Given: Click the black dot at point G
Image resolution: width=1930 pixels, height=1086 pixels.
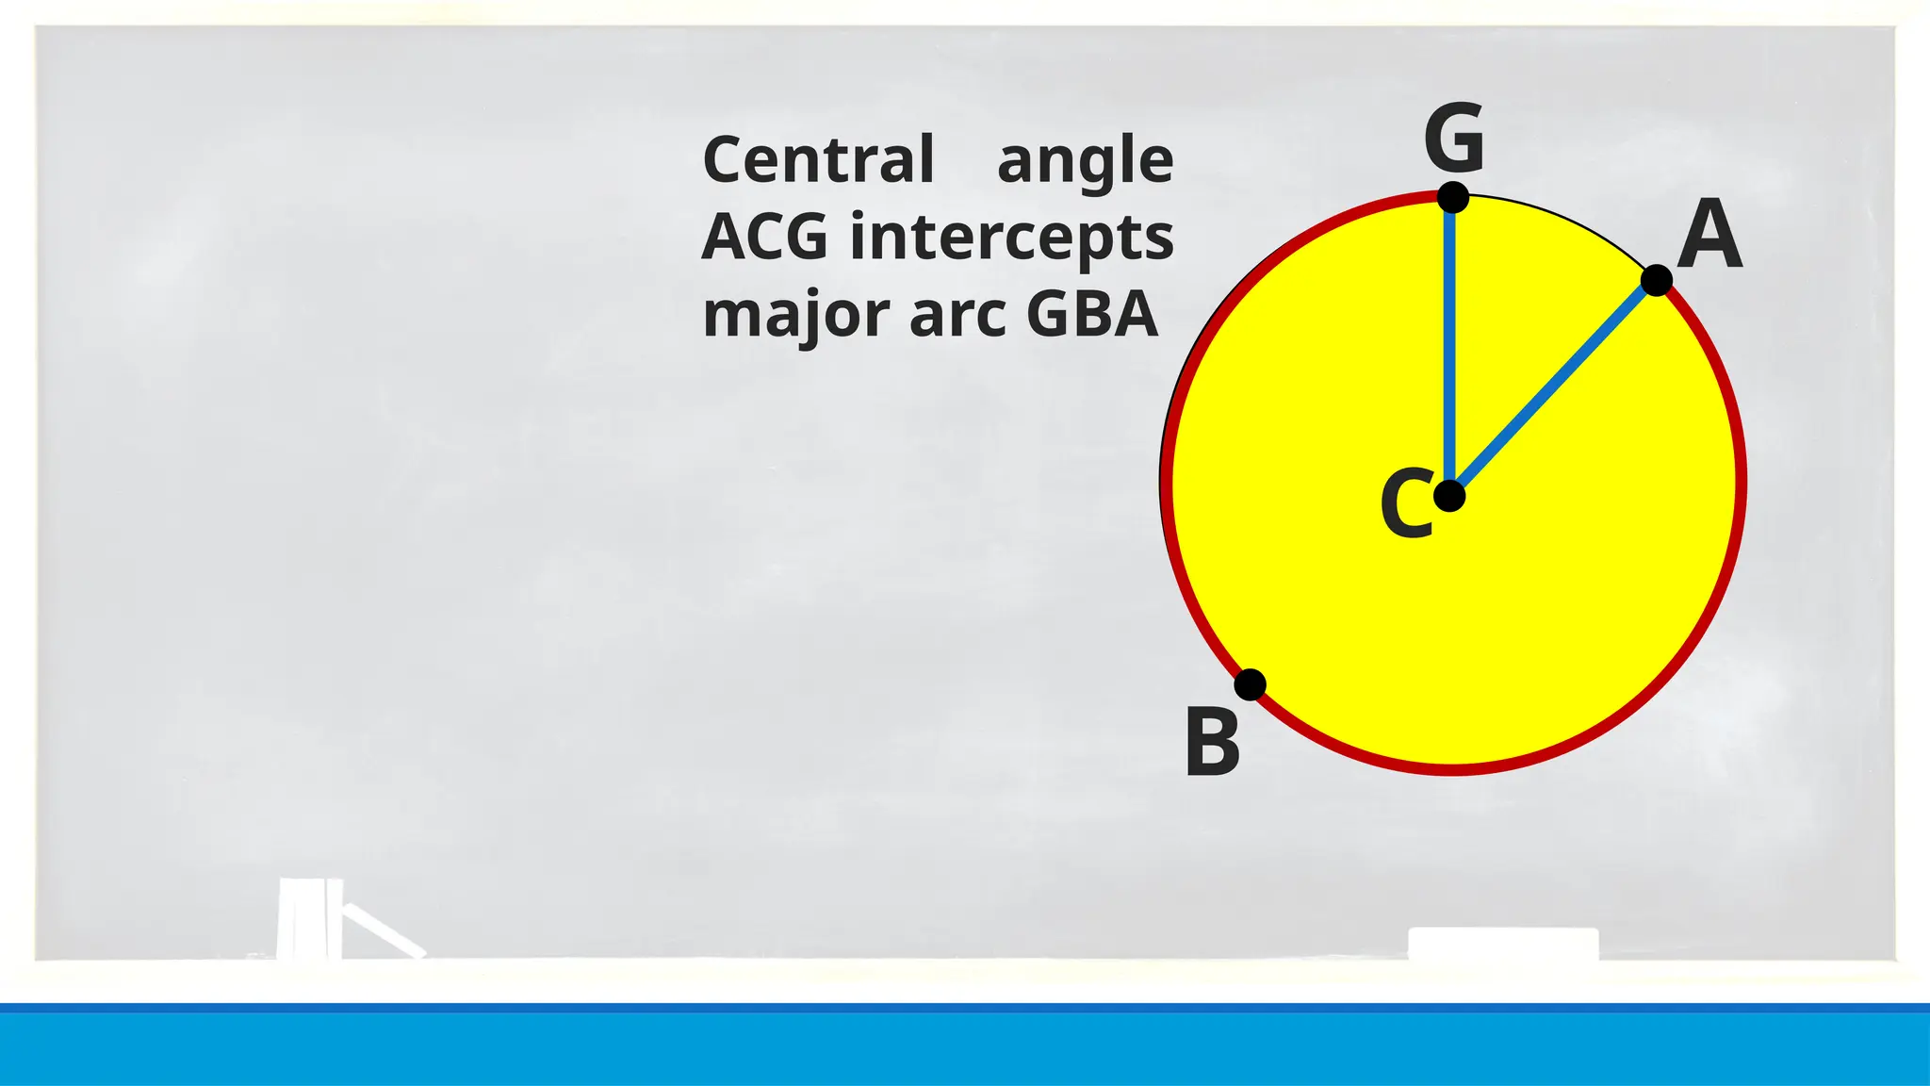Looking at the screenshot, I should click(1453, 198).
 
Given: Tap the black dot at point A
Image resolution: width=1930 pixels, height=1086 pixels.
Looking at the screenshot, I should click(1657, 280).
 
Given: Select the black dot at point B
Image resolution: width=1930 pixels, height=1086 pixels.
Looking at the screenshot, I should click(1250, 684).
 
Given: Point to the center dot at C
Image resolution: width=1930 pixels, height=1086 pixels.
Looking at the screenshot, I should click(1449, 496).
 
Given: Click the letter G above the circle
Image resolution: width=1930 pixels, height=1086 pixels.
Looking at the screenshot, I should click(1454, 140).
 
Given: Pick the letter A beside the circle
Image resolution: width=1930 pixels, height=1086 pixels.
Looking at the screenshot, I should click(1709, 236).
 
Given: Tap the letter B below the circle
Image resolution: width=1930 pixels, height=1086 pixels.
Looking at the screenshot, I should click(1212, 743).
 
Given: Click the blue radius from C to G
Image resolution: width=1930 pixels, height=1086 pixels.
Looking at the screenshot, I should click(1450, 349).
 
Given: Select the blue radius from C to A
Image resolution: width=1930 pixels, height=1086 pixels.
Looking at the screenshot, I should click(1555, 387).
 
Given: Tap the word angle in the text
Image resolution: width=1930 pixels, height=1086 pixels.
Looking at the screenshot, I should click(1085, 162).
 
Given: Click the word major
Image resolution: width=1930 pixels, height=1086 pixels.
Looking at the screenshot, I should click(797, 316).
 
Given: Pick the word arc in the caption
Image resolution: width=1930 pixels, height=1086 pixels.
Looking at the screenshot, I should click(957, 316).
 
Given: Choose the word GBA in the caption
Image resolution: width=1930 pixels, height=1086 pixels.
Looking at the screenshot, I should click(1091, 314).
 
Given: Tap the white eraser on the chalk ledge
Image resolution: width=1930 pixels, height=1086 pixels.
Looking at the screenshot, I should click(1503, 944).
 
